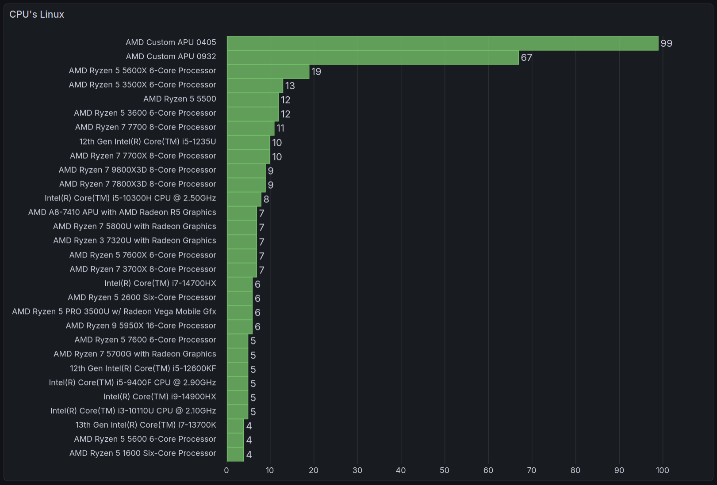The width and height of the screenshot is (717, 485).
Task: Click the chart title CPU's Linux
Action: [37, 15]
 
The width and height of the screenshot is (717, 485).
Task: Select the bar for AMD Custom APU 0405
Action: [442, 43]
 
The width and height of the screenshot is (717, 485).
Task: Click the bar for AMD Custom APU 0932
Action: [372, 57]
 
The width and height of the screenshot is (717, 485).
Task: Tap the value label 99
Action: [666, 43]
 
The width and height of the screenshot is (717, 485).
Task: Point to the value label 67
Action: [526, 57]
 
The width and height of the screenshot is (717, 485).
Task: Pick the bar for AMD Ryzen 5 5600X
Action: [268, 72]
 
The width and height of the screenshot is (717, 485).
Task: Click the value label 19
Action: [316, 72]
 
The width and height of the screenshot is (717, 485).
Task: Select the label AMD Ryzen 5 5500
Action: [180, 99]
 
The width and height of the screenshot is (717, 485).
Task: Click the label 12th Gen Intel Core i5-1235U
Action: [148, 142]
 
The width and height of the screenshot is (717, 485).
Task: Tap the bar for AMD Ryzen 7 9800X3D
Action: [246, 171]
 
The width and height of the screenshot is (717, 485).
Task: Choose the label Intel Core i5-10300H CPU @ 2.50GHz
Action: [130, 198]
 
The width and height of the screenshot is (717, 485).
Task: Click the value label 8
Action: [266, 199]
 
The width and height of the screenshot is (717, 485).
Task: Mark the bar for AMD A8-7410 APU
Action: [242, 213]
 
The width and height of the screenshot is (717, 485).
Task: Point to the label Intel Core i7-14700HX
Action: [160, 283]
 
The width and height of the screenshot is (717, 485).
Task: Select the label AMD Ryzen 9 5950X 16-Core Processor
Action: [141, 326]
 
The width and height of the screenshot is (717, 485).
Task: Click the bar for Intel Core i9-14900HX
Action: [238, 398]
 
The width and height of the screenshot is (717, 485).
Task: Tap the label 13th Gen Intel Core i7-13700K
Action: [146, 425]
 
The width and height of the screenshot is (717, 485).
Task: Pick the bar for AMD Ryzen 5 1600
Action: [235, 454]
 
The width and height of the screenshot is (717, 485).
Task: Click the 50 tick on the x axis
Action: [445, 470]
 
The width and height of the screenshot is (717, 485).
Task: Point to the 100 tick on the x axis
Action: [662, 470]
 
